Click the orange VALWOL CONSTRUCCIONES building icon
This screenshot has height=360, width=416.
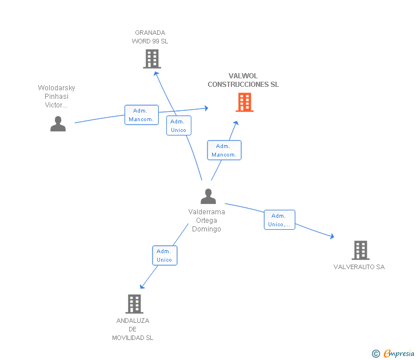click(x=245, y=102)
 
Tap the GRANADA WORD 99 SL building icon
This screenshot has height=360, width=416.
click(x=152, y=59)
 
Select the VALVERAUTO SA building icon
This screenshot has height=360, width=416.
click(x=361, y=250)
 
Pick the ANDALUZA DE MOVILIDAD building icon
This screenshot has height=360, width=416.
click(x=134, y=304)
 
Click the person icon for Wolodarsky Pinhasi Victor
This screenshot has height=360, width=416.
click(x=58, y=123)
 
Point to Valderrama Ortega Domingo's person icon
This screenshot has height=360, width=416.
click(x=208, y=196)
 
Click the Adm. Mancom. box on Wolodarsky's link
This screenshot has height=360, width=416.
click(x=142, y=115)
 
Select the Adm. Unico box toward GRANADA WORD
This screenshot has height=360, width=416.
click(x=179, y=126)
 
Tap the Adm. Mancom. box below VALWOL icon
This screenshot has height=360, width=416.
click(x=224, y=150)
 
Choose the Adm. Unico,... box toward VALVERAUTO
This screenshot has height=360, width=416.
click(x=279, y=219)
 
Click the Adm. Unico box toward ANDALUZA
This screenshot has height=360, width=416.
click(x=165, y=255)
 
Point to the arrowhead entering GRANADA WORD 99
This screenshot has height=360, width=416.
click(x=156, y=74)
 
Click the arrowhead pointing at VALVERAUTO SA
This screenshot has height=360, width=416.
click(x=331, y=236)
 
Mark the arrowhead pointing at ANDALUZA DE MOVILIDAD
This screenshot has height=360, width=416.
click(x=142, y=286)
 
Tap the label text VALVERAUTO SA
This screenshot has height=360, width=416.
click(x=359, y=267)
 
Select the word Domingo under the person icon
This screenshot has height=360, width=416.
click(x=206, y=229)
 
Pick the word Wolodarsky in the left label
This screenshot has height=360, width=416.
click(x=57, y=88)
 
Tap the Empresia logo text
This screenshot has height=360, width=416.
click(x=398, y=353)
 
